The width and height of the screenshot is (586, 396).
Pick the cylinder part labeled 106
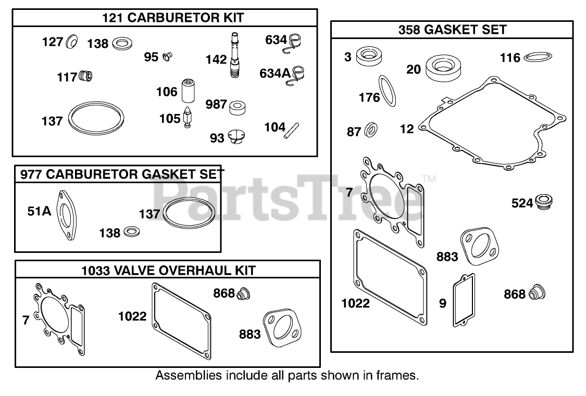click(x=187, y=91)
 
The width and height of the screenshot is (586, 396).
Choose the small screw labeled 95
click(x=167, y=55)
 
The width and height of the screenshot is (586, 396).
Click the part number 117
click(x=67, y=78)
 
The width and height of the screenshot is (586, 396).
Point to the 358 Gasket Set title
click(x=452, y=30)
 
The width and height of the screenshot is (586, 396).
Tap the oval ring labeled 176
click(x=386, y=90)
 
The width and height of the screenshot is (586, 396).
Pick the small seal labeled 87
click(x=371, y=130)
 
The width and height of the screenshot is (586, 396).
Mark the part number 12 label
click(x=407, y=129)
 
